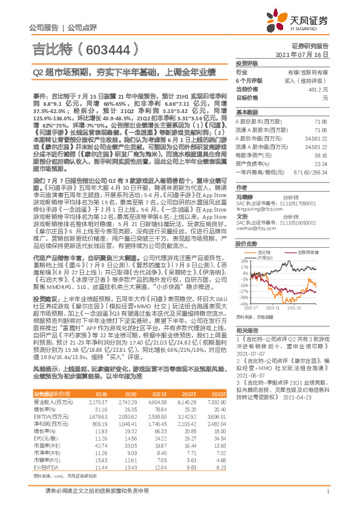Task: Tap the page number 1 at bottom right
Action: coord(327,498)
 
